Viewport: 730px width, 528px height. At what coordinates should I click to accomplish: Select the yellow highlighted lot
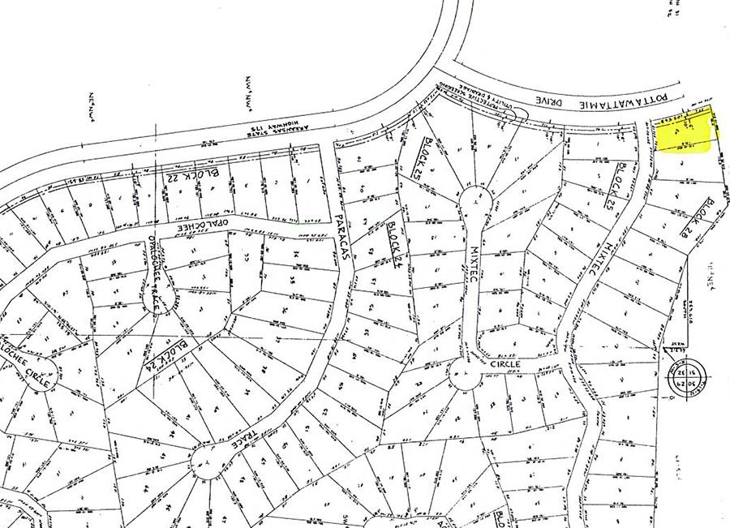tap(684, 132)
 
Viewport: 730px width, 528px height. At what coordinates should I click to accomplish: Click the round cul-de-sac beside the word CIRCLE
tap(465, 375)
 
